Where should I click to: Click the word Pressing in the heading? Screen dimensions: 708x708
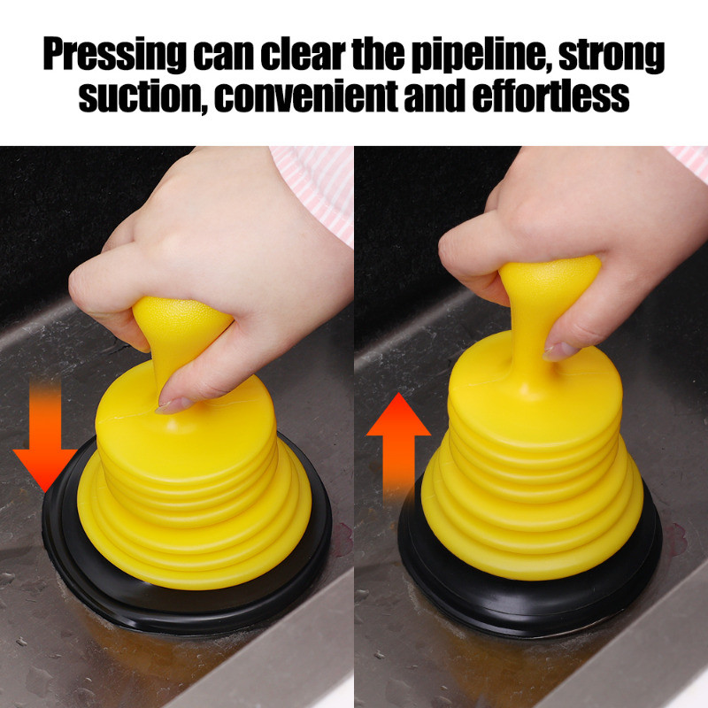click(x=115, y=55)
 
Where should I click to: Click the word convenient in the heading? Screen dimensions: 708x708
click(x=306, y=96)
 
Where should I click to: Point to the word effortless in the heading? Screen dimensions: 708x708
click(x=550, y=96)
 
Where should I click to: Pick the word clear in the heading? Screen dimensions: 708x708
click(x=303, y=54)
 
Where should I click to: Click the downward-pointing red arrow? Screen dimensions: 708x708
click(x=45, y=435)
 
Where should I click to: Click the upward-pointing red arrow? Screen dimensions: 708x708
click(x=398, y=450)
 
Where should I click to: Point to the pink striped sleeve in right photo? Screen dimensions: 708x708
click(x=688, y=162)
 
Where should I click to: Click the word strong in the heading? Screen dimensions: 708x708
click(x=612, y=55)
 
